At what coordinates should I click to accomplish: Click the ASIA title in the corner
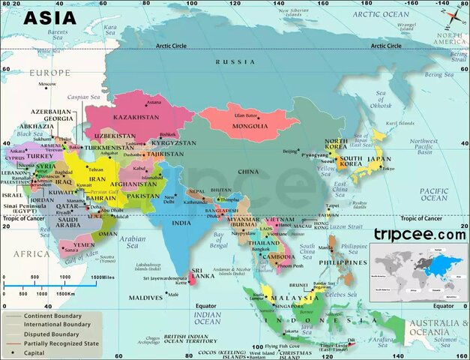(x=49, y=16)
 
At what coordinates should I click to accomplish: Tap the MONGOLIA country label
(x=250, y=126)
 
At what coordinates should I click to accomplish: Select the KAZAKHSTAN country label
(x=136, y=118)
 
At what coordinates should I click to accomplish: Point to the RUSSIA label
(x=235, y=62)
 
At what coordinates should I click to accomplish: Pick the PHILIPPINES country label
(x=345, y=262)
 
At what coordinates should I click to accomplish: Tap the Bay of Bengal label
(x=219, y=241)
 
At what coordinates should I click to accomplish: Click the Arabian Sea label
(x=133, y=241)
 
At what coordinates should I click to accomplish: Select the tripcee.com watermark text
(x=420, y=234)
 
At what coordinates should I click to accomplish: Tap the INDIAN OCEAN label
(x=208, y=318)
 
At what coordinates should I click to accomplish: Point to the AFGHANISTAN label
(x=133, y=184)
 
